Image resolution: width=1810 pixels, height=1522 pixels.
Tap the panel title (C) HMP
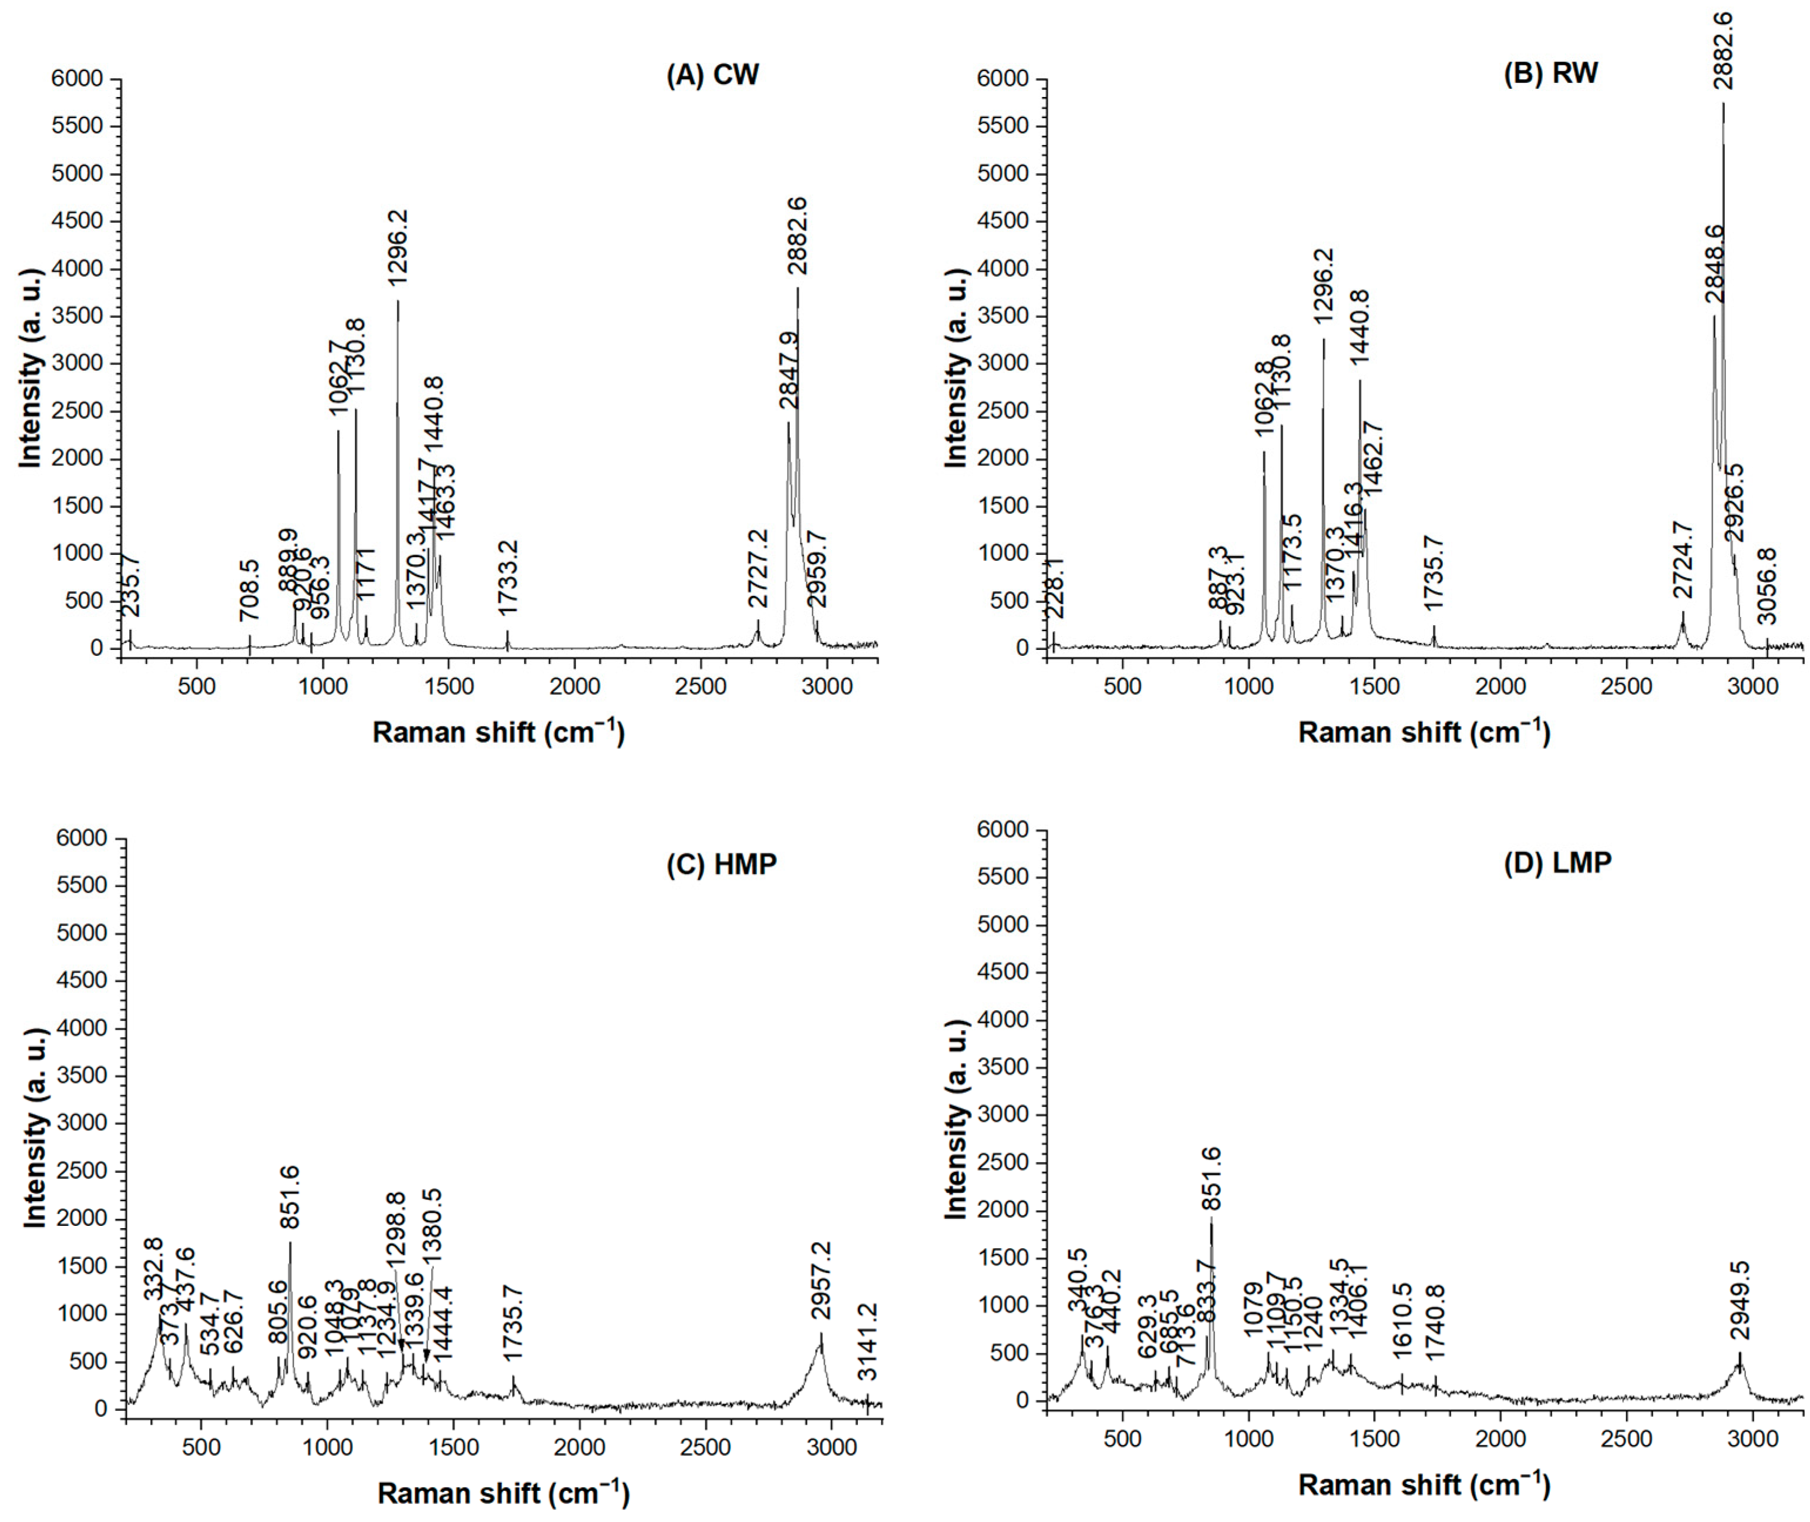[722, 864]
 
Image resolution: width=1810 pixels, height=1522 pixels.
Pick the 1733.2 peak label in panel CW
[508, 578]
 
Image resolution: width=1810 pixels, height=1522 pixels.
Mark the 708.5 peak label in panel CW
[249, 589]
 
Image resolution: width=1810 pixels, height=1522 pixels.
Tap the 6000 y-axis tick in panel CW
[78, 79]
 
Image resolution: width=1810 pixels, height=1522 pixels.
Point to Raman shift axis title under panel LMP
[1424, 1483]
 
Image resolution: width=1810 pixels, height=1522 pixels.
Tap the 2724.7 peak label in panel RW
[1683, 560]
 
